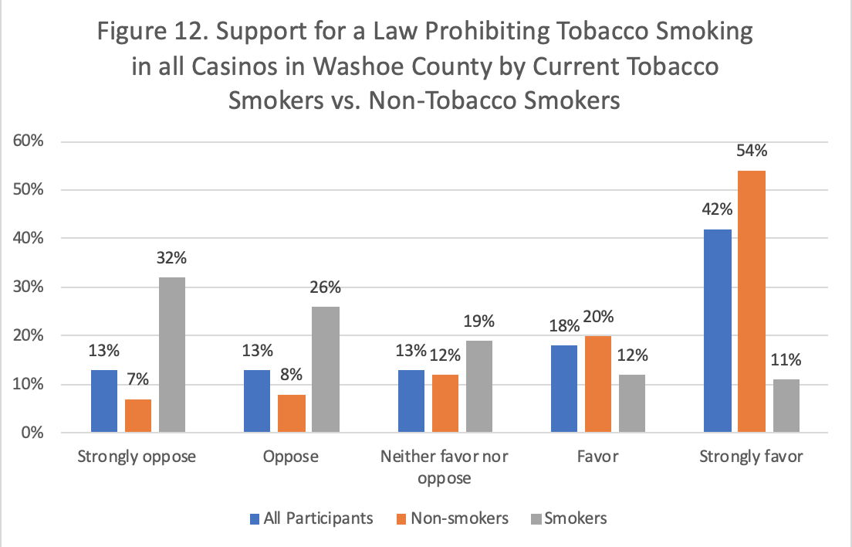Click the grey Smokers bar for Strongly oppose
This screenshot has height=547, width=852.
tap(171, 355)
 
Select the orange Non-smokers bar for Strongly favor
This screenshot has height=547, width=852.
tap(752, 301)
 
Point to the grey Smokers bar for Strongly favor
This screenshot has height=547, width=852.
tap(786, 406)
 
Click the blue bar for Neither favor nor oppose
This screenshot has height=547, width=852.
tap(411, 401)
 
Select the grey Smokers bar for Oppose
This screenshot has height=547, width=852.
tap(326, 369)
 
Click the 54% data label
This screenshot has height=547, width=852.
tap(752, 151)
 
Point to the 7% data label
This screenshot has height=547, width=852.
tap(137, 380)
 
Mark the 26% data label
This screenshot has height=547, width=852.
tap(326, 287)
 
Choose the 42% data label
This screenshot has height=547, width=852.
tap(718, 209)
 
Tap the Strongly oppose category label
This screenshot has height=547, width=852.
tap(137, 457)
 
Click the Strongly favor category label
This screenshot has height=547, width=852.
tap(751, 457)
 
